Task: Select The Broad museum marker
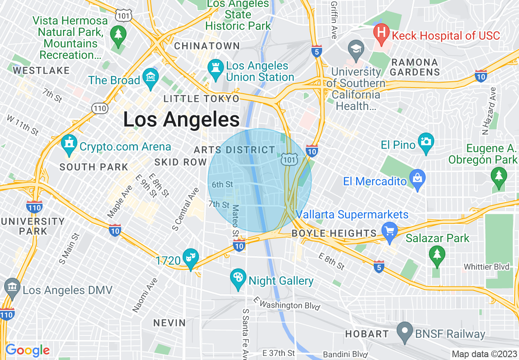151,77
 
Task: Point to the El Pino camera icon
426,142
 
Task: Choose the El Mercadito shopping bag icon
417,179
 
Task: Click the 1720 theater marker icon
191,258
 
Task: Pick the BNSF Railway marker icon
405,331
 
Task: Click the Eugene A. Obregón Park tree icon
499,177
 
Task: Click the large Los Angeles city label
181,120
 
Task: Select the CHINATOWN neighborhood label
207,46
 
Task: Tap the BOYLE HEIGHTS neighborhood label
334,234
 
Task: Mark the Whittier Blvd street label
486,267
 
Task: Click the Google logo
27,350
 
